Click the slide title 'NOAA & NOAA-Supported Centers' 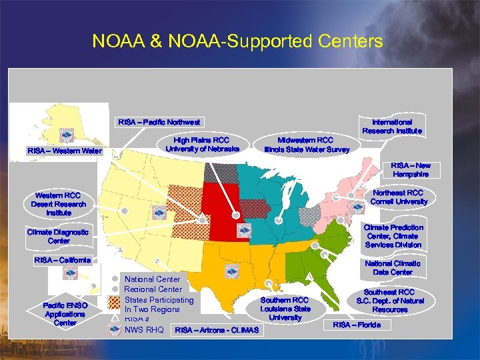237,42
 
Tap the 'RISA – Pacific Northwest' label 159,122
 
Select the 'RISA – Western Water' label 65,151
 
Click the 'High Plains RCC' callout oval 201,145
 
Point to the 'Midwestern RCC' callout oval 306,145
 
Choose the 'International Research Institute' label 391,127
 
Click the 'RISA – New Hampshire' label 411,169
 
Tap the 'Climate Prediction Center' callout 393,236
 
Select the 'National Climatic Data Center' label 393,267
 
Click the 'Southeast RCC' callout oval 389,301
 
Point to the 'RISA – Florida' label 357,325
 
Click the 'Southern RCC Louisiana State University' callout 285,309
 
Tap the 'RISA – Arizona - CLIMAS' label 216,330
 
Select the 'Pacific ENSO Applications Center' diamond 65,314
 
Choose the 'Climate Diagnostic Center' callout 58,236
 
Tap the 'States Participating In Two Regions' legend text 159,305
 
